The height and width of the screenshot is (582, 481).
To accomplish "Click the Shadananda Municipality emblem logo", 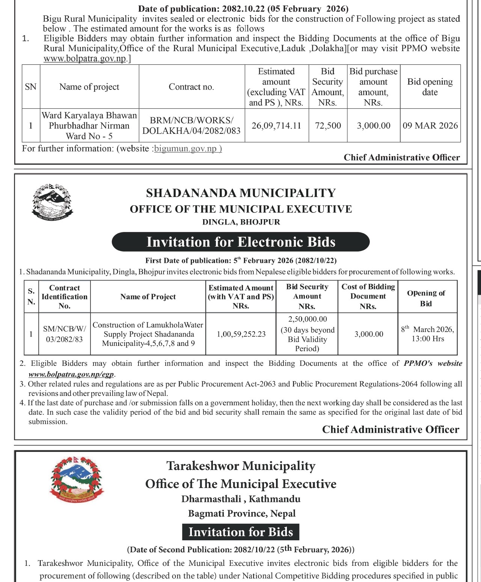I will (52, 202).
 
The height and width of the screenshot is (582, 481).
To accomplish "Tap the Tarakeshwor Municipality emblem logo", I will (77, 480).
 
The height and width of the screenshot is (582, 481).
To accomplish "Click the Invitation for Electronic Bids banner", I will (241, 242).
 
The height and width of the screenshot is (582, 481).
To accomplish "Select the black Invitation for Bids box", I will (241, 532).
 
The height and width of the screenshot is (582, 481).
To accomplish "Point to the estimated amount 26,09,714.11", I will (276, 126).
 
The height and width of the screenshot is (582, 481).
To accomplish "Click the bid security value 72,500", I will (328, 126).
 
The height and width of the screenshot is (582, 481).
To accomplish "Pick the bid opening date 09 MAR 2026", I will (430, 126).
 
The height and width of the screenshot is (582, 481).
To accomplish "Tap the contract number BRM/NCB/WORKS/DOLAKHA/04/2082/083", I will (191, 126).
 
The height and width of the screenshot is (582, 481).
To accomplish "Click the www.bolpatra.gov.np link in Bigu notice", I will (85, 59).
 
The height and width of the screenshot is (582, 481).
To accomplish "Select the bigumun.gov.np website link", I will (188, 149).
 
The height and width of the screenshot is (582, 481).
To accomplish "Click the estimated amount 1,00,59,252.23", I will (241, 334).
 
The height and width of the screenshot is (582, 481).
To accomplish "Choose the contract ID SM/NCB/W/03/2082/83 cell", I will (64, 334).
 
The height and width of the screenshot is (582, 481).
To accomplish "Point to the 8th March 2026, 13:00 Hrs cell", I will (427, 334).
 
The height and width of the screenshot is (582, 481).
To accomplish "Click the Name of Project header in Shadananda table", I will (148, 297).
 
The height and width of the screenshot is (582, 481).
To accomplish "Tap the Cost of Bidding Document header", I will (368, 296).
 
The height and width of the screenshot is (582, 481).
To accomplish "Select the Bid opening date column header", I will (430, 87).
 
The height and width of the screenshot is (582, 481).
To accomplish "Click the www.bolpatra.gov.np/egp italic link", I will (71, 374).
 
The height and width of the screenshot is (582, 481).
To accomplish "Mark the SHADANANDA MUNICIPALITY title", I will (241, 193).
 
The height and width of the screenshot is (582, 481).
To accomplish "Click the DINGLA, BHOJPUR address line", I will (241, 222).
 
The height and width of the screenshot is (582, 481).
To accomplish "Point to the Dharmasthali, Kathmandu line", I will (241, 499).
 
